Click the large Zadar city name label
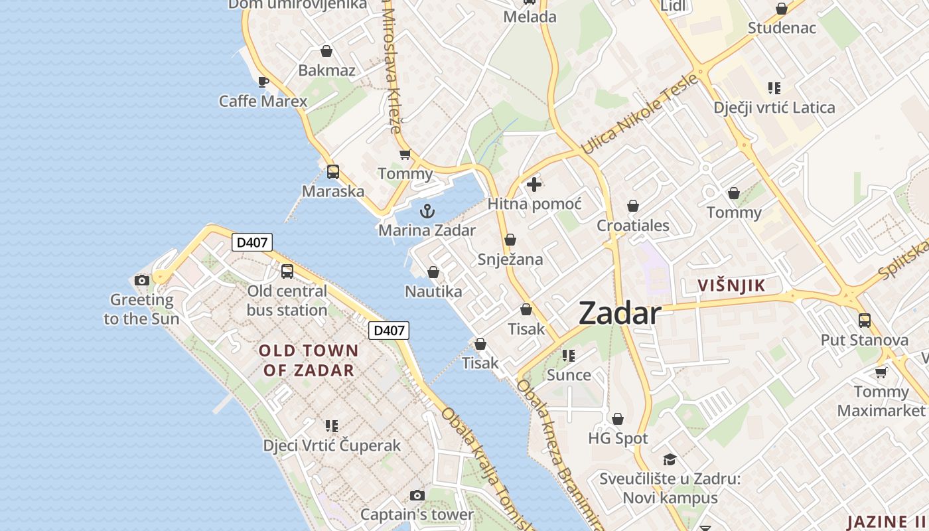pyautogui.click(x=620, y=313)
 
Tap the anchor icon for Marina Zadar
pyautogui.click(x=428, y=212)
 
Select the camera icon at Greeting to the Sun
pyautogui.click(x=141, y=280)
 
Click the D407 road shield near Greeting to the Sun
pyautogui.click(x=252, y=242)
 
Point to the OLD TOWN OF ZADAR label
pyautogui.click(x=309, y=360)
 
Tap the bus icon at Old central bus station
pyautogui.click(x=287, y=271)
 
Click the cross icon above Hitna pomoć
pyautogui.click(x=534, y=185)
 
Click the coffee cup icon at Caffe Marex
pyautogui.click(x=263, y=82)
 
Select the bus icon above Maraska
pyautogui.click(x=333, y=172)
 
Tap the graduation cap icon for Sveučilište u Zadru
pyautogui.click(x=670, y=459)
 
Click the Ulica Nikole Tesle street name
pyautogui.click(x=640, y=114)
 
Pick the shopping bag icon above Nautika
pyautogui.click(x=433, y=272)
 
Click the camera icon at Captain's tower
pyautogui.click(x=417, y=495)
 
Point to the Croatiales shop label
pyautogui.click(x=633, y=226)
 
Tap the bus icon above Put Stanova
pyautogui.click(x=865, y=321)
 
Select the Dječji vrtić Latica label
pyautogui.click(x=774, y=108)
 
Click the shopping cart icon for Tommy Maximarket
pyautogui.click(x=881, y=372)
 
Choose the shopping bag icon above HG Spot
pyautogui.click(x=618, y=419)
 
